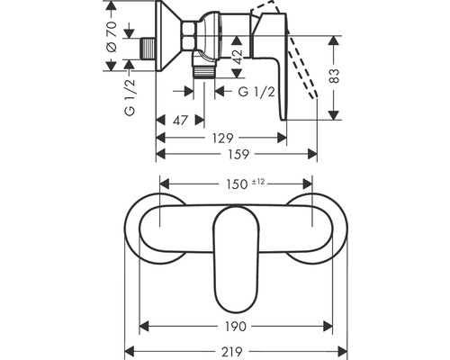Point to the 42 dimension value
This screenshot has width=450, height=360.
236,60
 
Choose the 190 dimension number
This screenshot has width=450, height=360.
236,327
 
